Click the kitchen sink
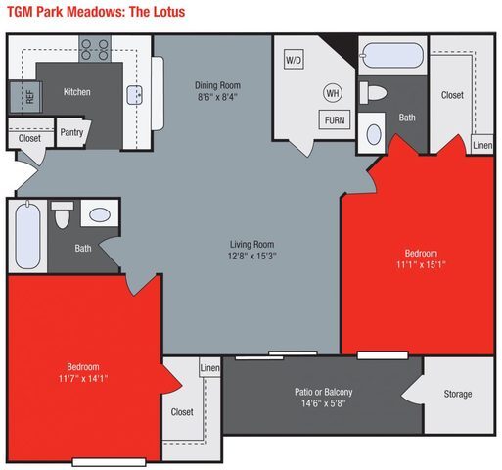[x=137, y=94]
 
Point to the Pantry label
[x=71, y=132]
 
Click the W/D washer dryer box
[x=294, y=61]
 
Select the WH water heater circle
[x=333, y=94]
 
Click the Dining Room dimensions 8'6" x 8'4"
[x=215, y=98]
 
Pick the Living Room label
[x=250, y=244]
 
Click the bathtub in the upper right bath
[x=392, y=56]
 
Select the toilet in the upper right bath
[x=375, y=94]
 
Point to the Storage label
[x=457, y=394]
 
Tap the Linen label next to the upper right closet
[x=482, y=145]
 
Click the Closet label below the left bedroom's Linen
[x=182, y=412]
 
